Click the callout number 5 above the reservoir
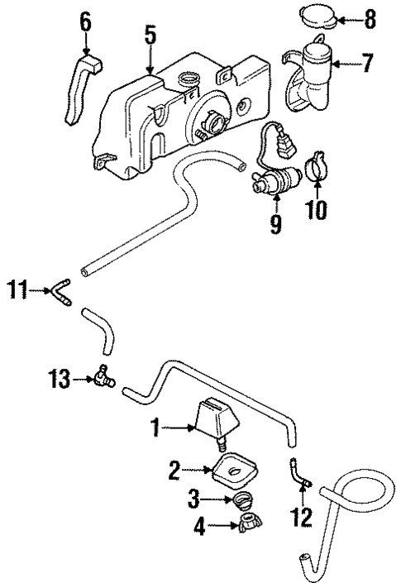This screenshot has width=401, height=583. tap(150, 36)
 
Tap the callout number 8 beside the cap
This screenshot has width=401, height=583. tap(369, 17)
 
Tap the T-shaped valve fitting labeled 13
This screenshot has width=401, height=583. tap(103, 378)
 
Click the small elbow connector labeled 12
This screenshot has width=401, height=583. tap(300, 473)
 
